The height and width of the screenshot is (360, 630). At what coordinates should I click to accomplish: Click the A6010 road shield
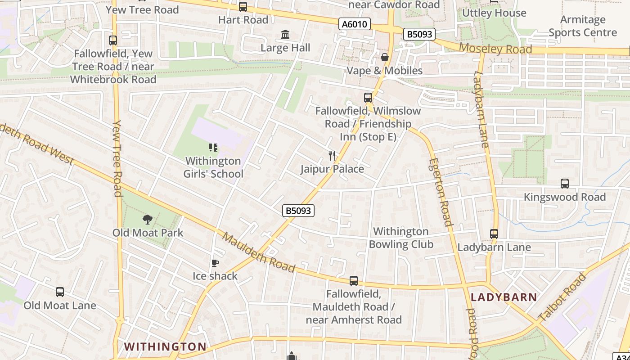(x=355, y=24)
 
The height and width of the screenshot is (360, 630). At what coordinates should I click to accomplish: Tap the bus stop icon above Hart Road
(x=243, y=6)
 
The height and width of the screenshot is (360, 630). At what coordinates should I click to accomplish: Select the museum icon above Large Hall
(x=285, y=35)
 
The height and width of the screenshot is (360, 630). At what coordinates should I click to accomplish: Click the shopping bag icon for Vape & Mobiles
(x=385, y=57)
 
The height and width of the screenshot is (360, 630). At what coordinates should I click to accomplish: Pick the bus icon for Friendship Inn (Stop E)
(x=368, y=97)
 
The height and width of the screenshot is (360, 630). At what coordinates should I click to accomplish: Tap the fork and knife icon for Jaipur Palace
(x=332, y=156)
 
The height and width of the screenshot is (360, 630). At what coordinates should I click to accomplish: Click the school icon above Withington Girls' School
(x=213, y=147)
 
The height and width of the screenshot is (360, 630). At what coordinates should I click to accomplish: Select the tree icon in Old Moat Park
(x=147, y=219)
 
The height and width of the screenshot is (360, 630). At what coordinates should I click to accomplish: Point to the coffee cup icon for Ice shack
(x=215, y=263)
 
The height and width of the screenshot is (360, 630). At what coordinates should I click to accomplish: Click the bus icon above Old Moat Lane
(x=60, y=292)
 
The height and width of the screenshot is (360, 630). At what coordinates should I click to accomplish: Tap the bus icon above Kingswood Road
(x=565, y=183)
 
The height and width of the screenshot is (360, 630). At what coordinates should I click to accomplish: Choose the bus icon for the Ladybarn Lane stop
(x=494, y=234)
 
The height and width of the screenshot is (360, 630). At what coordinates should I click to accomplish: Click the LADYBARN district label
(x=504, y=297)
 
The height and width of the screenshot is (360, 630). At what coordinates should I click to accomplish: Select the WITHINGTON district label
(x=165, y=346)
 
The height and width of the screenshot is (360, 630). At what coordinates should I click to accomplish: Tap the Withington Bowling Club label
(x=400, y=238)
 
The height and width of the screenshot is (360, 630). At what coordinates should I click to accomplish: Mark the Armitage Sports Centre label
(x=583, y=26)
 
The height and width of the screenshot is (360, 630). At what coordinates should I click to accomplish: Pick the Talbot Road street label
(x=562, y=297)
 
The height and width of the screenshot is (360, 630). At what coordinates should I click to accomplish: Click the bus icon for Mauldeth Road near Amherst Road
(x=354, y=281)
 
